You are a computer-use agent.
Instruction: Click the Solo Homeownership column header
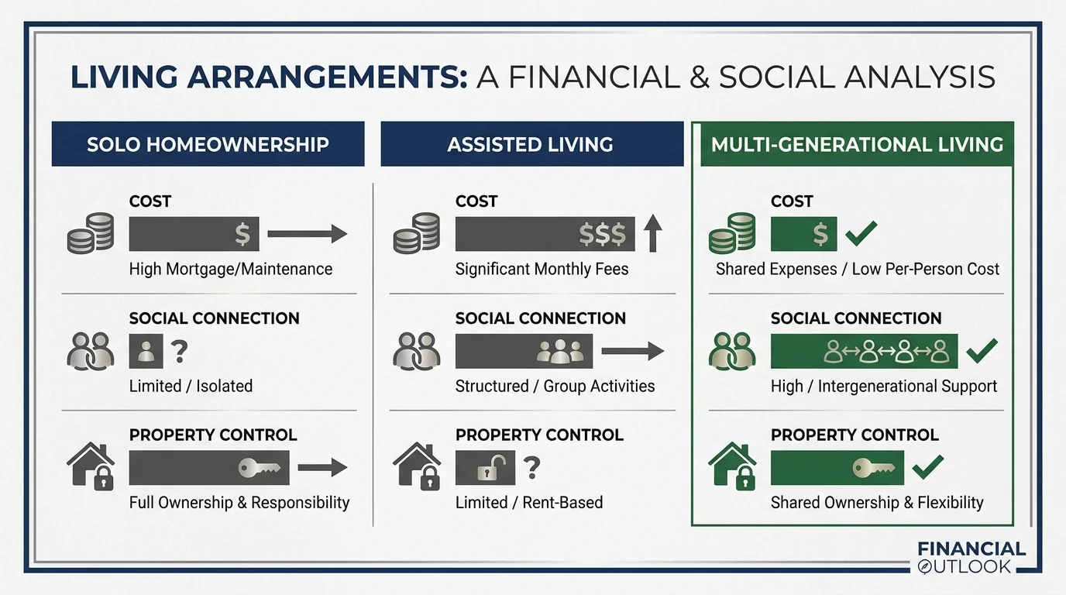tap(208, 144)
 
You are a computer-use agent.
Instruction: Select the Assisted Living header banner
tap(531, 144)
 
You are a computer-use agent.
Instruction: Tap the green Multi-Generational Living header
tap(857, 144)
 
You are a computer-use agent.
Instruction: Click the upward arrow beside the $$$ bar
tap(652, 234)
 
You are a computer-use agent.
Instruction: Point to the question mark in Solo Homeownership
tap(179, 352)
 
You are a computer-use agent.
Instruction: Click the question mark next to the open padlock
tap(531, 467)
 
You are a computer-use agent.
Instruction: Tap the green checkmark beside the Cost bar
tap(861, 232)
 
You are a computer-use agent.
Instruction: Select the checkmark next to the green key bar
tap(927, 467)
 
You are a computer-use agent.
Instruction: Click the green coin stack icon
tap(732, 233)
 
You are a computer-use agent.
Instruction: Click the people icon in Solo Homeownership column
tap(91, 351)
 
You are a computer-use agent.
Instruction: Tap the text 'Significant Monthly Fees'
tap(542, 270)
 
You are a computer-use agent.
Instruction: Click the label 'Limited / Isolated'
tap(191, 386)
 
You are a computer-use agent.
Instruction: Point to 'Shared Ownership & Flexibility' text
tap(876, 502)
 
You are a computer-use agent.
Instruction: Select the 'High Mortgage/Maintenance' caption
tap(230, 270)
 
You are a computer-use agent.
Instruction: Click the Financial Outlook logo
tap(971, 557)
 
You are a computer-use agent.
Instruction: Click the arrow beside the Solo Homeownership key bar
tap(322, 467)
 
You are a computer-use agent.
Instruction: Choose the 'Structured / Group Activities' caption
tap(555, 386)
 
